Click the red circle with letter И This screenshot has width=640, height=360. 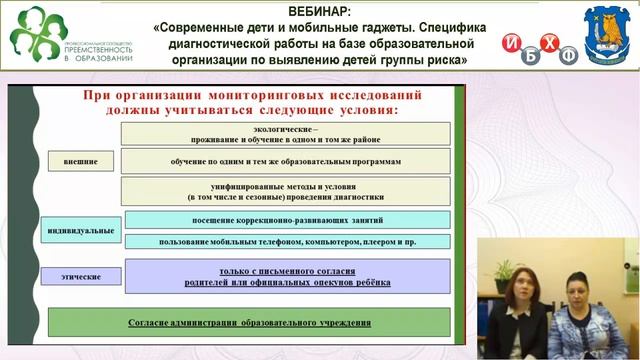(x=513, y=43)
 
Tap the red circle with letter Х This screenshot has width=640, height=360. (x=549, y=42)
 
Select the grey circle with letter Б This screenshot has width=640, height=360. (x=531, y=56)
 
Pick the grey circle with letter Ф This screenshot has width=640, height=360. (x=569, y=56)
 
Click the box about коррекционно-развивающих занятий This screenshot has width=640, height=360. (x=288, y=220)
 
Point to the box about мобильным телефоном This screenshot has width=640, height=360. (x=288, y=241)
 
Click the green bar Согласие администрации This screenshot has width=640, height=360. (x=250, y=323)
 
